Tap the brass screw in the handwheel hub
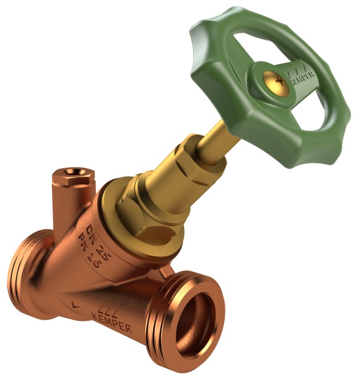(x=276, y=83)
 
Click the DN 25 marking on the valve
(x=99, y=242)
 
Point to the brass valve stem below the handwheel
(x=215, y=142)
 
